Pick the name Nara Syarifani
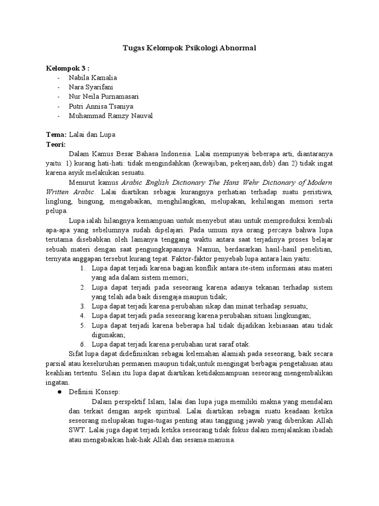(91, 87)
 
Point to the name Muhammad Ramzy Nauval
(112, 116)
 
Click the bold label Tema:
(56, 134)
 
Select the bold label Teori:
(56, 144)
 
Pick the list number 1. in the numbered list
(82, 268)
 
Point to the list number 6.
(82, 344)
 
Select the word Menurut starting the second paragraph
(82, 182)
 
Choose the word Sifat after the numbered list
(75, 354)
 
